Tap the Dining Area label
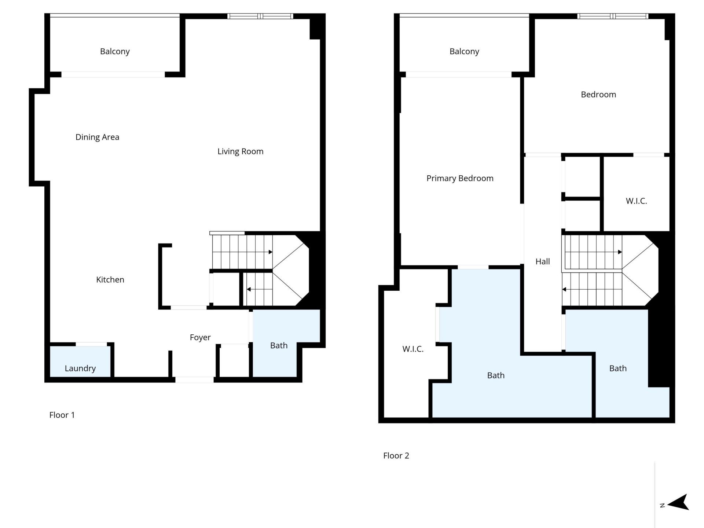97,137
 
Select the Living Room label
240,151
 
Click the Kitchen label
110,280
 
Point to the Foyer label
200,337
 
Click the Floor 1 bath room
279,345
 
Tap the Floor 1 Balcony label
115,51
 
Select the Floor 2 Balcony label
464,51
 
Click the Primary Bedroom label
460,178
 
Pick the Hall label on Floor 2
542,261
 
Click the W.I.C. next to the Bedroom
636,201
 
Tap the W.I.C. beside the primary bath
413,349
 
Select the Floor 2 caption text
396,456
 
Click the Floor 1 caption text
62,415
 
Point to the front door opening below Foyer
194,380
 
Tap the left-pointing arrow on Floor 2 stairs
565,289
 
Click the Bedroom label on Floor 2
598,95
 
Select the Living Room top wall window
260,16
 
